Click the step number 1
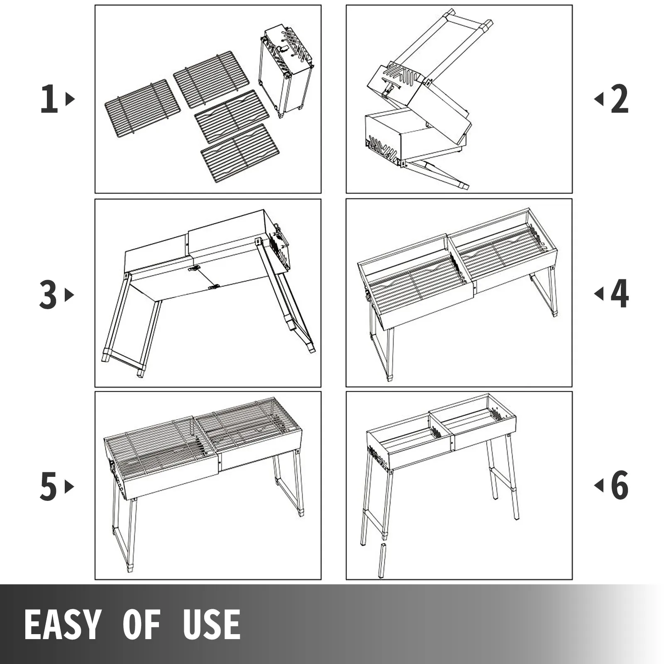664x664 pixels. point(49,99)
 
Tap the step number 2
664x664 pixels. point(620,99)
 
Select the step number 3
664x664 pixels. point(48,295)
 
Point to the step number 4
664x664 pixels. point(620,294)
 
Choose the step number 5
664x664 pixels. point(48,487)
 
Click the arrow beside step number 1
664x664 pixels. point(70,99)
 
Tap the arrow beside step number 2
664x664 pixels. point(598,99)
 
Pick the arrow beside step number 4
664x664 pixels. point(598,294)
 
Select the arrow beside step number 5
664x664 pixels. point(69,487)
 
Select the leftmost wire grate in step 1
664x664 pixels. point(142,108)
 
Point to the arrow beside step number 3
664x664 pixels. point(69,295)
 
